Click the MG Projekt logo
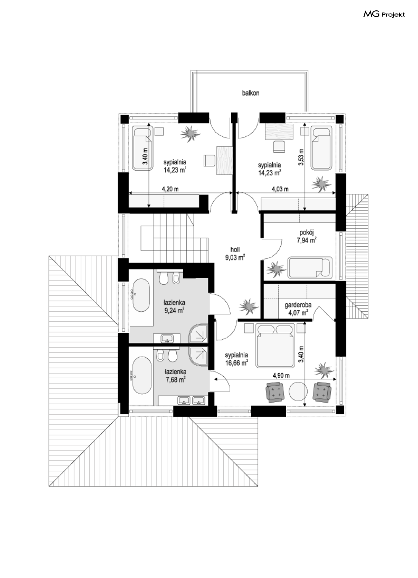click(x=384, y=14)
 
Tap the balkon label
click(x=250, y=93)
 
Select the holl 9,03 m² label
click(x=235, y=254)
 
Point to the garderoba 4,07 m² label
click(x=298, y=309)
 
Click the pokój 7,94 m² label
click(x=306, y=236)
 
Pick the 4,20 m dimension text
click(x=170, y=189)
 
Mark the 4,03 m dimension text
click(x=280, y=189)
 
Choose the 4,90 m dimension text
click(x=281, y=376)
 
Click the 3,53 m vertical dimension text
click(x=301, y=157)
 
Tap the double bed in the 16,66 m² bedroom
click(x=275, y=346)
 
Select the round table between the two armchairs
click(x=298, y=391)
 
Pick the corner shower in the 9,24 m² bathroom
click(x=198, y=334)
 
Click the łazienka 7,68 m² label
click(x=176, y=376)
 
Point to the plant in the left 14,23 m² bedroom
click(x=191, y=134)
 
